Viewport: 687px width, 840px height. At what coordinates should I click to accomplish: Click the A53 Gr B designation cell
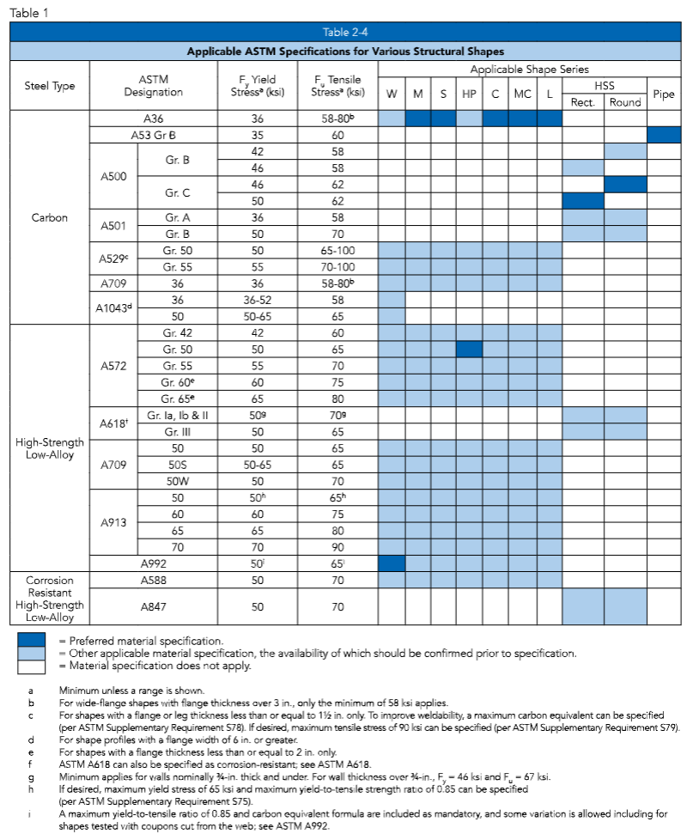tap(152, 135)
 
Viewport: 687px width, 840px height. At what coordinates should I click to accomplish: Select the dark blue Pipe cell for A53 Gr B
tap(663, 135)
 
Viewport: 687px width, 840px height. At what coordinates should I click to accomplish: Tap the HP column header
tap(469, 94)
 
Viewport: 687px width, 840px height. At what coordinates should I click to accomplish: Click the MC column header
tap(522, 94)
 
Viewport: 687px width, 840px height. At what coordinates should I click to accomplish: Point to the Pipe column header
tap(663, 94)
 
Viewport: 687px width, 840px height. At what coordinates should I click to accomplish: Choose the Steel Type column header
tap(49, 86)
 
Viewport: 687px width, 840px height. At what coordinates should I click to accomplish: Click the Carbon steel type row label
tap(49, 217)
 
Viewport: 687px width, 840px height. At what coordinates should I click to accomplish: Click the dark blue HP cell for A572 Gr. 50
tap(469, 350)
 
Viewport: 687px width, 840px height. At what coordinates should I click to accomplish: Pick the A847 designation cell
tap(152, 606)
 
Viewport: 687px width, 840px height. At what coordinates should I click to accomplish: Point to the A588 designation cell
tap(152, 580)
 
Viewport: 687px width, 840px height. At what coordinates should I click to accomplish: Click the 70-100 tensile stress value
tap(337, 267)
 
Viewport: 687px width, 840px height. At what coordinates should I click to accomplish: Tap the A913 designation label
tap(113, 521)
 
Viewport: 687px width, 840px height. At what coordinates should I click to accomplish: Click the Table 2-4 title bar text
tap(343, 32)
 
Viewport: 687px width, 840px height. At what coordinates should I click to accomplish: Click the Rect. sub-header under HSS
tap(583, 102)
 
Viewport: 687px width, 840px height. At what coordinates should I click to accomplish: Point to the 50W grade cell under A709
tap(179, 480)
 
